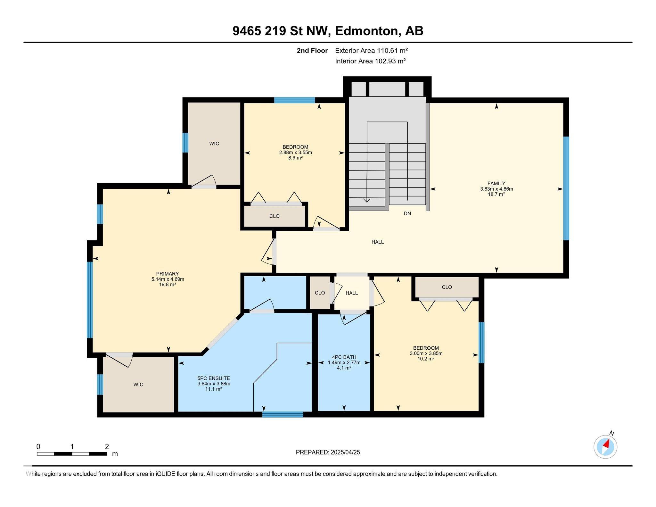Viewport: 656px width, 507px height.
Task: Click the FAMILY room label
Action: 496,183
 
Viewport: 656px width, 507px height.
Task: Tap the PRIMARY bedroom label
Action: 167,274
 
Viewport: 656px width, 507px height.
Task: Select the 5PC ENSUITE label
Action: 214,378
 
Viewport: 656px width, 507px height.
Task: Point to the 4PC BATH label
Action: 344,357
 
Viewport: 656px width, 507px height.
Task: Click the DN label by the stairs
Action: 407,213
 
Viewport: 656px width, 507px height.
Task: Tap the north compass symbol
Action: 605,446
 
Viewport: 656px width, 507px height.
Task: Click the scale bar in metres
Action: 72,453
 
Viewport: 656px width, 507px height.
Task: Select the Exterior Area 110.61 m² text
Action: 371,50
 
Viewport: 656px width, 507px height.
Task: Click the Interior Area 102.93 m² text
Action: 370,61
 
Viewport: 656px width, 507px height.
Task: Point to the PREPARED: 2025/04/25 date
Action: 328,452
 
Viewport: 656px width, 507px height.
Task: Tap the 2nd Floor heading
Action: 312,50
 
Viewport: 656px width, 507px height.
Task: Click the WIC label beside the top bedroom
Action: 214,144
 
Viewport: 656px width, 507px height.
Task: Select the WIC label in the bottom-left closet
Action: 138,385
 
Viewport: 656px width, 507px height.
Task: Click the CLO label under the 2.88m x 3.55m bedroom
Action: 274,216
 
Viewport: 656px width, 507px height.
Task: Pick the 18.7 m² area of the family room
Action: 496,194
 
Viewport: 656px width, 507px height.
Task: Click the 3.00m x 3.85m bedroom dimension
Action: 426,353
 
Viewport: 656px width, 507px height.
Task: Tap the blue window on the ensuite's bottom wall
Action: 283,414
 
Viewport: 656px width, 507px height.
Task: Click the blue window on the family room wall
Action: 566,188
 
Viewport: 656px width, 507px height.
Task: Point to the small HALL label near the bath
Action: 351,293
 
